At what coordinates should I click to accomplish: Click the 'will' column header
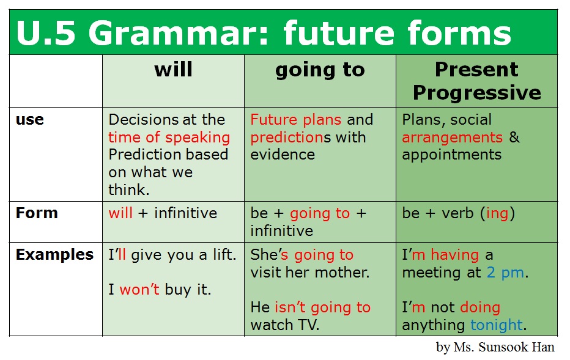click(174, 70)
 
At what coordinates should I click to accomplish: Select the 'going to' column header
click(320, 70)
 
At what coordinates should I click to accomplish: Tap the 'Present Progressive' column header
click(476, 81)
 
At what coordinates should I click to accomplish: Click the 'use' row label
click(30, 120)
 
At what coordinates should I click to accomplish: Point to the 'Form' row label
click(37, 213)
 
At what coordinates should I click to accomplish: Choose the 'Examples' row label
click(54, 254)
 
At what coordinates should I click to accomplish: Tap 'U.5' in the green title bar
click(46, 33)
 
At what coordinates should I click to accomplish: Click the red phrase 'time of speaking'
click(169, 138)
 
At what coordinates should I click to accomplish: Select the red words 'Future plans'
click(296, 120)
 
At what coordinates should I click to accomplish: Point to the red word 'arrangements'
click(452, 138)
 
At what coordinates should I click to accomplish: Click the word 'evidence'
click(283, 155)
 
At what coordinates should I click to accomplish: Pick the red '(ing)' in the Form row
click(497, 213)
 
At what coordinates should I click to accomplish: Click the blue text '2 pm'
click(506, 273)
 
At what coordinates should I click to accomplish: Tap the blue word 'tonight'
click(497, 325)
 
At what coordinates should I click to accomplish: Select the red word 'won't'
click(139, 290)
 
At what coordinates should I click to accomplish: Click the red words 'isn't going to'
click(322, 307)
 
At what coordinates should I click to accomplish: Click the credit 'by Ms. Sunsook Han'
click(495, 347)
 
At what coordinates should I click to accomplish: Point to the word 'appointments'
click(451, 155)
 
